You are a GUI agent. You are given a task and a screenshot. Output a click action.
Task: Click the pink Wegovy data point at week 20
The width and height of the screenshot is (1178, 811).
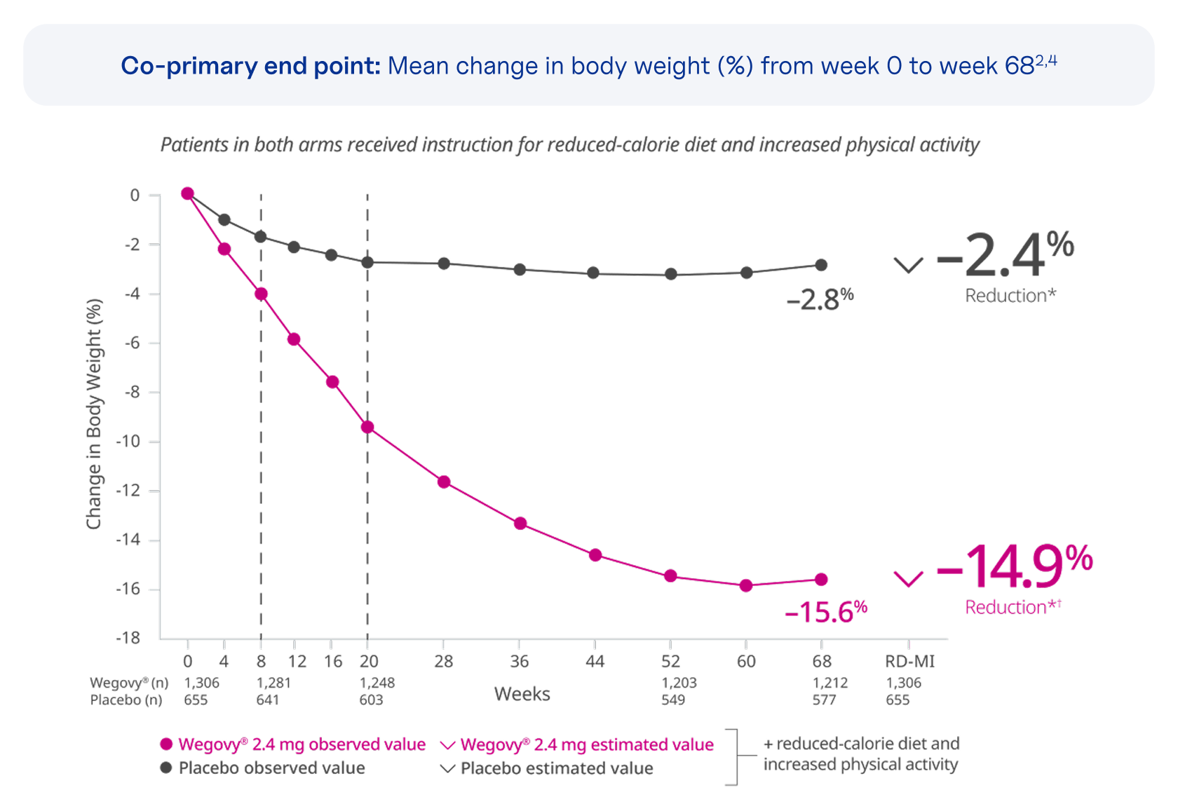[367, 427]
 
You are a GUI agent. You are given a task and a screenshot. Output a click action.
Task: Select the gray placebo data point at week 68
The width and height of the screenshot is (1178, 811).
[821, 265]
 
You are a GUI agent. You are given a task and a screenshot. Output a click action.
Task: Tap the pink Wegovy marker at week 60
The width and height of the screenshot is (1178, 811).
[746, 585]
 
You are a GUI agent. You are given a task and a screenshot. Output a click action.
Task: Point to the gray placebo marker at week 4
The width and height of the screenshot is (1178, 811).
[224, 219]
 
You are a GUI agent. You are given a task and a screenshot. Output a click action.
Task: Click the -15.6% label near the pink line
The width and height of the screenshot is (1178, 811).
[825, 612]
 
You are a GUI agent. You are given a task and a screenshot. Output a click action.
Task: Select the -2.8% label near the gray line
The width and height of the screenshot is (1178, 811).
[819, 300]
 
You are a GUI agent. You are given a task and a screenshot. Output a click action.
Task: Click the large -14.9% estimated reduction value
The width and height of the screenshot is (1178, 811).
[1014, 567]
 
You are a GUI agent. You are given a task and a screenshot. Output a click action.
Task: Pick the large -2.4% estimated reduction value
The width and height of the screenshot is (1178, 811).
[1004, 255]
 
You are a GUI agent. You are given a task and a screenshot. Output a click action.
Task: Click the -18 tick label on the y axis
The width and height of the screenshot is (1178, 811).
[128, 638]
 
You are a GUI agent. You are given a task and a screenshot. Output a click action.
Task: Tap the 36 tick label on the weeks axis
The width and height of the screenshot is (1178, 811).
[519, 662]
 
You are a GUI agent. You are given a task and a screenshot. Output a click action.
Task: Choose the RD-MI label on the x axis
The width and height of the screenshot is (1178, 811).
[909, 662]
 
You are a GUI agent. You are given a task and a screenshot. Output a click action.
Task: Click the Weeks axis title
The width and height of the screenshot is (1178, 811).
[522, 694]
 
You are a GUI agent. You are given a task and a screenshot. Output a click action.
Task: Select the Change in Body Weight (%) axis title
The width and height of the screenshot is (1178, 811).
[94, 414]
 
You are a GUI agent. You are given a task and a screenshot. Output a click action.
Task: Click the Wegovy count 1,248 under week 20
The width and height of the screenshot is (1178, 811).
[377, 683]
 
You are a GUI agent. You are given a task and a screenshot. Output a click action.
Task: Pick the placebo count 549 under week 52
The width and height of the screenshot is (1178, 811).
[673, 700]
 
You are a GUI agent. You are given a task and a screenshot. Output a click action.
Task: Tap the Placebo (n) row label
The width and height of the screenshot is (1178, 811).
[126, 700]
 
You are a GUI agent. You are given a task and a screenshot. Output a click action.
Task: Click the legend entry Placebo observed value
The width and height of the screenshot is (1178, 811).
[271, 768]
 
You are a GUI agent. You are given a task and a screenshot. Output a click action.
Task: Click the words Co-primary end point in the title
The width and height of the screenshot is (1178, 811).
[250, 66]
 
